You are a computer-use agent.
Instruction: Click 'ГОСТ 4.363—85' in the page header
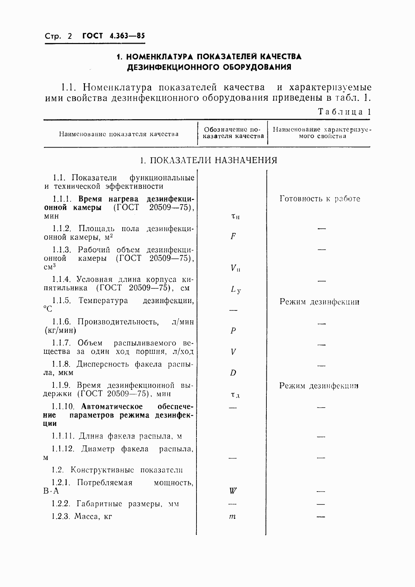click(x=113, y=36)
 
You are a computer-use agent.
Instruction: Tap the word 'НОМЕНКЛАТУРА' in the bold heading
click(x=159, y=57)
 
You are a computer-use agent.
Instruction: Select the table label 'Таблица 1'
click(x=344, y=112)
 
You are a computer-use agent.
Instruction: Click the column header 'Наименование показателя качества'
click(x=119, y=134)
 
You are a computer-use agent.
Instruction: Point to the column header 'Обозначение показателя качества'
click(x=233, y=133)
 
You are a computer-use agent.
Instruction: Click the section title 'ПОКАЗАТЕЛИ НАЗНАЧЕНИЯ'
click(x=214, y=160)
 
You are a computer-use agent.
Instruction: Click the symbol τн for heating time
click(x=235, y=216)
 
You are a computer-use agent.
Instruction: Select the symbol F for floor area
click(x=233, y=236)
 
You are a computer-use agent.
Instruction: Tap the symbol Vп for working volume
click(x=235, y=269)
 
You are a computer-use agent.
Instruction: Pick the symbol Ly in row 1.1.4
click(x=235, y=290)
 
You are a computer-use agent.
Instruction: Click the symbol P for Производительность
click(x=233, y=331)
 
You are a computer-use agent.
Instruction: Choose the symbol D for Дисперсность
click(x=233, y=373)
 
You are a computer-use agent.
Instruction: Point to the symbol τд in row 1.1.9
click(x=235, y=395)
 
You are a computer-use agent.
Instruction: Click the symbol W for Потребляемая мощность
click(x=233, y=491)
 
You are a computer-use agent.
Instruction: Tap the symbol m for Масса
click(x=232, y=516)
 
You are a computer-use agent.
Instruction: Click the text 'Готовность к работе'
click(x=320, y=199)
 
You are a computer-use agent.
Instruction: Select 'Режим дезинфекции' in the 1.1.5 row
click(x=319, y=302)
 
